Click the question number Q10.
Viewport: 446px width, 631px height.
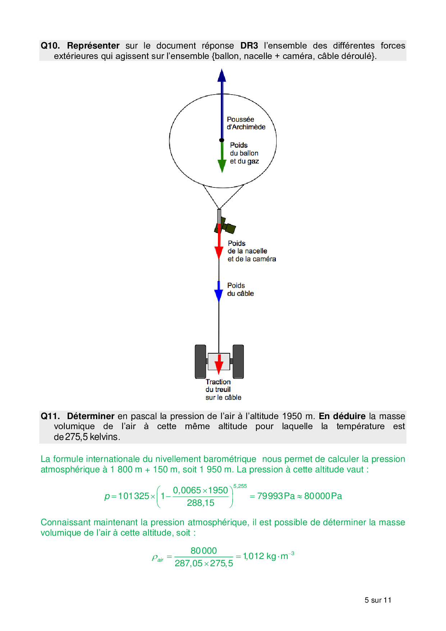50,46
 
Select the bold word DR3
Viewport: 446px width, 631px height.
249,46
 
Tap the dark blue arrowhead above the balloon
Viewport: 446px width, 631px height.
222,76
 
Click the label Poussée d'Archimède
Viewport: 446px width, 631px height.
246,123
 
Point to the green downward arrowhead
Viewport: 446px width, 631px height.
222,166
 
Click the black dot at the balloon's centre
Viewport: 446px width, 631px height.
222,140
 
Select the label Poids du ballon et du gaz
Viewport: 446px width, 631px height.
244,153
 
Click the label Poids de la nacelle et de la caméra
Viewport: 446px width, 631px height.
251,251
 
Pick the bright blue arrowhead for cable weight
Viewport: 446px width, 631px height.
219,295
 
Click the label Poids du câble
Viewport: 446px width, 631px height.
240,290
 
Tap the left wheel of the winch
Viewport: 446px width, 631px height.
200,362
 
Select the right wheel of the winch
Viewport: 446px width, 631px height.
238,362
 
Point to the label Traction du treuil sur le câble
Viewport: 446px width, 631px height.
223,390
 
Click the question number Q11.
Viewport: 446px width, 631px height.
50,416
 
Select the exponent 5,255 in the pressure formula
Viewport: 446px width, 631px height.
240,486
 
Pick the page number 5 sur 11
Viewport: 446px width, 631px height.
378,600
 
